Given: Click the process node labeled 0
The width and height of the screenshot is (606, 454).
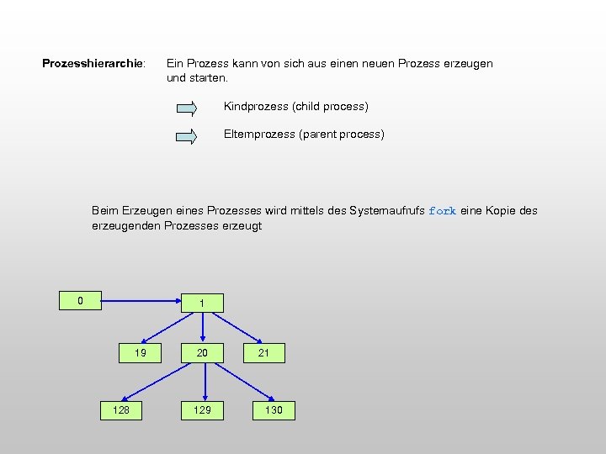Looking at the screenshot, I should (80, 300).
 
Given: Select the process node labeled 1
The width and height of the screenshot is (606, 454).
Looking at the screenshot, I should (202, 303).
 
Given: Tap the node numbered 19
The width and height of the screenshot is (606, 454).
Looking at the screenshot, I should (141, 353).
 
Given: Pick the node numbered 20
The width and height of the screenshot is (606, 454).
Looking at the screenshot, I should (202, 353).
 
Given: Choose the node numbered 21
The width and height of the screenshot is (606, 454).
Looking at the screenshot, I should (263, 353).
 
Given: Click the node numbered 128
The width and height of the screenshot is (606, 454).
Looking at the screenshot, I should (121, 410).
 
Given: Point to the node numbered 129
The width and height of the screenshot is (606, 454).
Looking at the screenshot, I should (202, 410).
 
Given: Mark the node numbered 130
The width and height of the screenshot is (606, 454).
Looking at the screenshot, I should (274, 410).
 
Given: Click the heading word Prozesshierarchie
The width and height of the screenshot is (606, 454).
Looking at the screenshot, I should (93, 64).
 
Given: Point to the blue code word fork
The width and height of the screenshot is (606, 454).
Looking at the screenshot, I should (442, 211).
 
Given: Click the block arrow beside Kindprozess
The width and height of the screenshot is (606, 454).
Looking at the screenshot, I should (186, 108).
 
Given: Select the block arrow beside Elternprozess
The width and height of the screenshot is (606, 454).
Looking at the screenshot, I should (186, 136).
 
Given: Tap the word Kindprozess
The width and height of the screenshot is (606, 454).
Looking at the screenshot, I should (256, 107).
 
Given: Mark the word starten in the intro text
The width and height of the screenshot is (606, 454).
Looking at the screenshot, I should (209, 78).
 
